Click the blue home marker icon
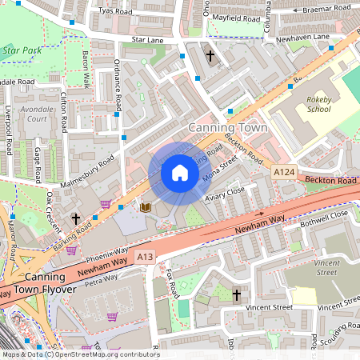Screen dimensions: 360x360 (x=180, y=173)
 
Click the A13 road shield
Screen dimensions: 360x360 (x=144, y=257)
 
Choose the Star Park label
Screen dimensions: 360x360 (x=22, y=50)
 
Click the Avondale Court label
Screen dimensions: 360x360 (x=37, y=114)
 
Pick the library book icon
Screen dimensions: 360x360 (x=146, y=208)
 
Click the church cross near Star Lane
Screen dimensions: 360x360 (x=211, y=56)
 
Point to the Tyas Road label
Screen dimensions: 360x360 (x=114, y=11)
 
